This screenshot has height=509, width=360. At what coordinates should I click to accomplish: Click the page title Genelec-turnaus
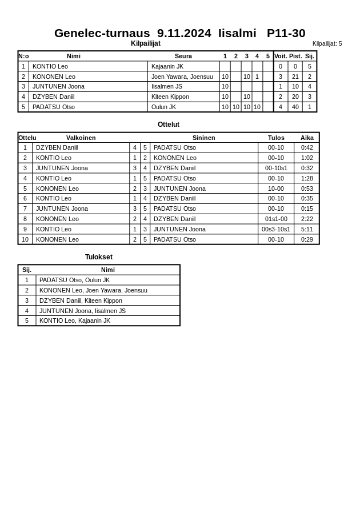(x=179, y=33)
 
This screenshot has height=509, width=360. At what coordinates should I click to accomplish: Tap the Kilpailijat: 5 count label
(x=327, y=43)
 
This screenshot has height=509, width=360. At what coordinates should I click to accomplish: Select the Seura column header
(x=183, y=56)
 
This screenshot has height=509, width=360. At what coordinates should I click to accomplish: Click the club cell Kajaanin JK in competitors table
(x=167, y=66)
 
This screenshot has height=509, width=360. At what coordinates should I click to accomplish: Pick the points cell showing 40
(x=295, y=107)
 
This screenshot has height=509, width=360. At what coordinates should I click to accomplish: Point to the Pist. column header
(x=295, y=56)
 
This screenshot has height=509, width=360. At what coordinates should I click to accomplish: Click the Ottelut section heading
(x=169, y=125)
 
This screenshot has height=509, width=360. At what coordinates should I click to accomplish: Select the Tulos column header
(x=276, y=138)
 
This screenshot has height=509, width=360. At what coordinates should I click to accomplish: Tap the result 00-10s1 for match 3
(x=276, y=168)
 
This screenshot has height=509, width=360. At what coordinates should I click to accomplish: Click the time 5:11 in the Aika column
(x=307, y=229)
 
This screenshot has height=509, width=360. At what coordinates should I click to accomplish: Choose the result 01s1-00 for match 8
(x=276, y=219)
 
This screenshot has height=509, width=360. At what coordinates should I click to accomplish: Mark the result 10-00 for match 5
(x=276, y=189)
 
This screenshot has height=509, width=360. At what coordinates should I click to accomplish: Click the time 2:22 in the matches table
(x=307, y=219)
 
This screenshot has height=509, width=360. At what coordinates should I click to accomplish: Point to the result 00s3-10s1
(x=276, y=229)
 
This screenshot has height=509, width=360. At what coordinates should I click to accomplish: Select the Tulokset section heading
(x=99, y=257)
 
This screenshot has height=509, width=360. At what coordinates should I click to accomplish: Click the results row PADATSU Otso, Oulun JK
(x=74, y=280)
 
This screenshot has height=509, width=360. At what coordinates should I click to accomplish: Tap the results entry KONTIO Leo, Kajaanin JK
(x=74, y=320)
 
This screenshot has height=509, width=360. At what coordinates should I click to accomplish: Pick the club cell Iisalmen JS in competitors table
(x=167, y=86)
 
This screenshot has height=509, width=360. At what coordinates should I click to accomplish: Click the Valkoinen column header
(x=81, y=138)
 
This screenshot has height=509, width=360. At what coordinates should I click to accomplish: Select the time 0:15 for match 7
(x=307, y=209)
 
